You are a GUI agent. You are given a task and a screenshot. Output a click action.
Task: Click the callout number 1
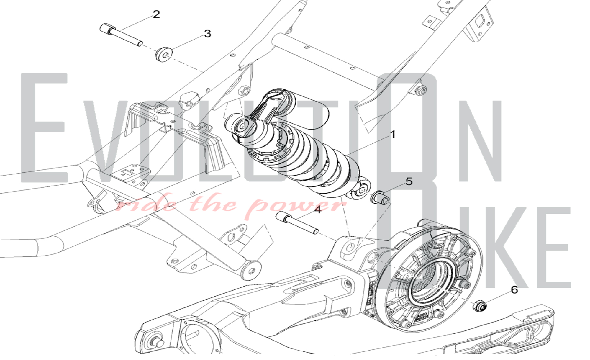tap(393, 135)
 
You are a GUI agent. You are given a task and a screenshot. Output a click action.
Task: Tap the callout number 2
tap(156, 14)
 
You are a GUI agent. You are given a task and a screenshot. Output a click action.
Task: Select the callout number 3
tap(208, 34)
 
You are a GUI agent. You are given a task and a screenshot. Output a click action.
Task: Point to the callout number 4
tap(317, 210)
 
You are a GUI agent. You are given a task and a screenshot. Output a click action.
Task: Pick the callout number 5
tap(409, 182)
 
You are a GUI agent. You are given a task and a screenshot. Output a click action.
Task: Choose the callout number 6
tap(514, 290)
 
